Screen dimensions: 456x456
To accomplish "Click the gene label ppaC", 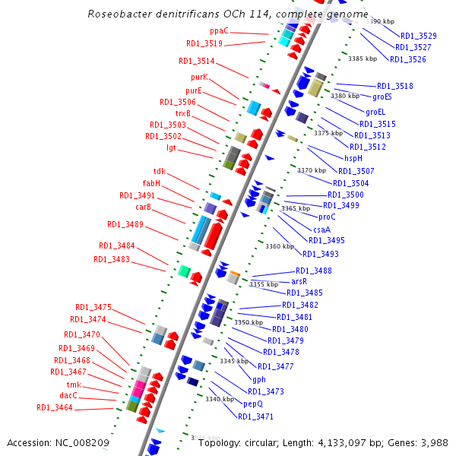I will [219, 31].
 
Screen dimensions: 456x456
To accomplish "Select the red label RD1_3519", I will [204, 44].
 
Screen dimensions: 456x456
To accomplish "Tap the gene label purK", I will [199, 77].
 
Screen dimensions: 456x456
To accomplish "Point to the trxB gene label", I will [183, 113].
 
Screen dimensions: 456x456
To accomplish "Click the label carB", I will [144, 207].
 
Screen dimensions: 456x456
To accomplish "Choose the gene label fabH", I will [151, 183].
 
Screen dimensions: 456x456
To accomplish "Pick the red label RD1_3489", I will [125, 224].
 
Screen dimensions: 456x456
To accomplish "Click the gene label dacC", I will [68, 395].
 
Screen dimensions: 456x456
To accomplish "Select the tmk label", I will [74, 385].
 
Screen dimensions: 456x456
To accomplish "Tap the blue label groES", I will [382, 97].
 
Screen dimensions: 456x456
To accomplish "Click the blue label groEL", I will [376, 112].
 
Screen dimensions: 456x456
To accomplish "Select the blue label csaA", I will [322, 229].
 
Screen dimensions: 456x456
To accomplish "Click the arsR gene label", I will [299, 281].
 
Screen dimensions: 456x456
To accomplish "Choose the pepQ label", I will [253, 404].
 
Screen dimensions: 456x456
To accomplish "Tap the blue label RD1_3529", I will [418, 36].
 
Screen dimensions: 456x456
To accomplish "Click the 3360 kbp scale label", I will [279, 246].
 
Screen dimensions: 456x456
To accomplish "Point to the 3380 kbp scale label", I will [345, 96].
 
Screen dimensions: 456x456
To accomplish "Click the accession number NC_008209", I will [84, 442].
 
